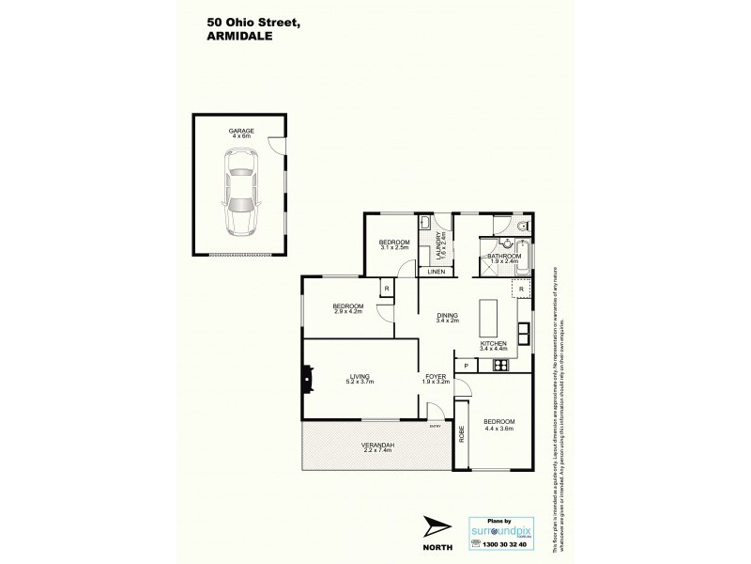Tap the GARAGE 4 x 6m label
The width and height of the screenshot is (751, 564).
click(240, 133)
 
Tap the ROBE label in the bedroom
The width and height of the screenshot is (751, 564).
click(462, 434)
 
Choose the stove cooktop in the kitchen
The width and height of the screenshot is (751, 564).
click(500, 366)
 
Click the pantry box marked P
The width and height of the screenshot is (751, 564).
click(465, 366)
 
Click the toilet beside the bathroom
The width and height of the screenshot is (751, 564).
click(521, 226)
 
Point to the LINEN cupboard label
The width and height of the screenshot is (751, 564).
click(435, 273)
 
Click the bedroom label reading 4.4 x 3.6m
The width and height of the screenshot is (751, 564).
click(499, 426)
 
